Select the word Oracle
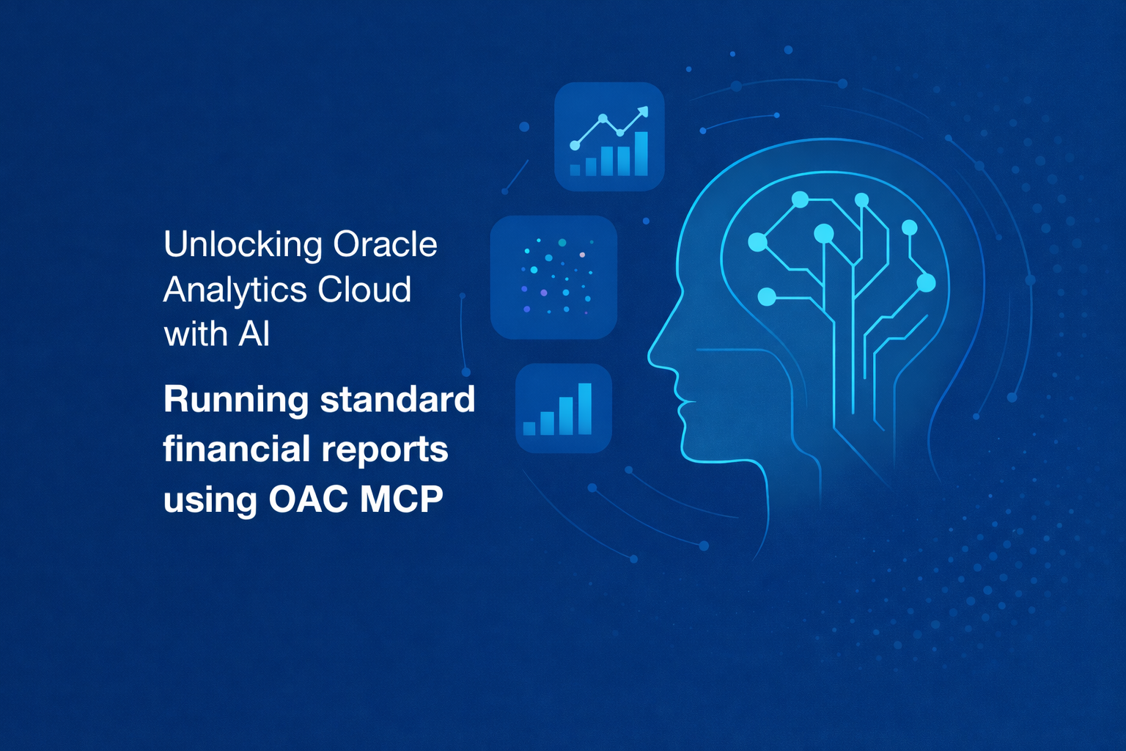(x=386, y=244)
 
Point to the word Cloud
(x=364, y=289)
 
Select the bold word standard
(x=397, y=400)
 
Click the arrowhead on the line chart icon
(x=642, y=112)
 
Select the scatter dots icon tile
(x=553, y=277)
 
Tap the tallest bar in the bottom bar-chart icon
(x=584, y=409)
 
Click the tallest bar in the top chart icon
(x=641, y=153)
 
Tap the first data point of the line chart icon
(x=575, y=146)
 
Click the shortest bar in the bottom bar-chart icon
(x=529, y=428)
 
